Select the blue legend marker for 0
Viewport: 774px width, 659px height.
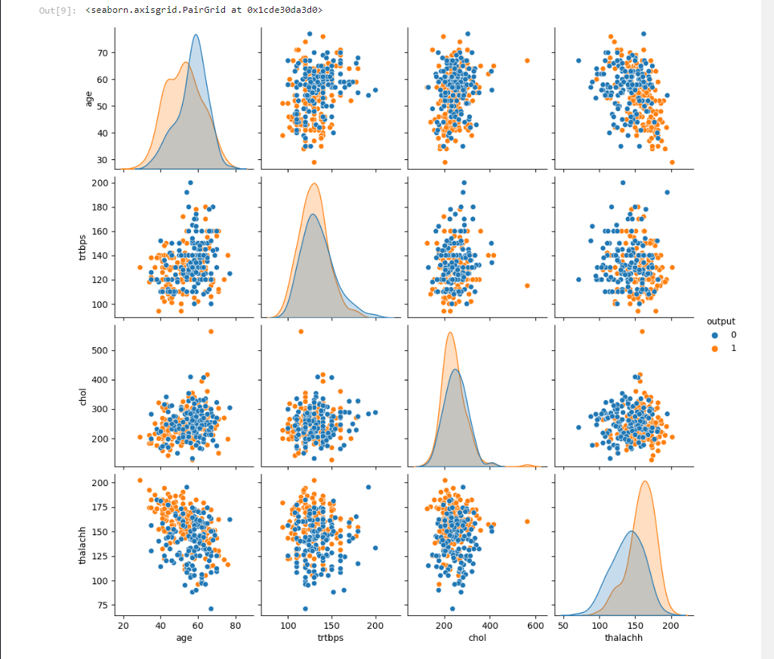[x=714, y=334]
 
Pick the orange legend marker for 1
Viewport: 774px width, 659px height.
[x=714, y=348]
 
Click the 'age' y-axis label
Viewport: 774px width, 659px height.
[x=88, y=98]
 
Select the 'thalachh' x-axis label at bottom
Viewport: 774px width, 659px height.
[x=623, y=638]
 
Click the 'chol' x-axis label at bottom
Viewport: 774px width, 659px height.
[x=476, y=638]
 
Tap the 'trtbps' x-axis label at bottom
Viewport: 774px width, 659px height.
[x=329, y=638]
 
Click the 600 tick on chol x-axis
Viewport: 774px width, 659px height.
[x=535, y=626]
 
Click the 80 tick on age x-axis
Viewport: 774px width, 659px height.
[x=235, y=626]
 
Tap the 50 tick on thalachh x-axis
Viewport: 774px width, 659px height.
[x=563, y=626]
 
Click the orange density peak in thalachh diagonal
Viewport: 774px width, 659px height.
[x=645, y=482]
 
